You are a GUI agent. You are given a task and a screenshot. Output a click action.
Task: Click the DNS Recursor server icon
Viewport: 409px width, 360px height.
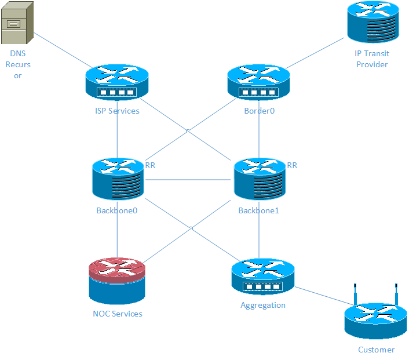(17, 23)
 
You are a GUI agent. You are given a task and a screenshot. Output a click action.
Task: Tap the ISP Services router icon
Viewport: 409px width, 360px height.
(117, 83)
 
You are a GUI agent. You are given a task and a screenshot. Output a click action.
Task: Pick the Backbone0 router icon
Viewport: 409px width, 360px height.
(117, 178)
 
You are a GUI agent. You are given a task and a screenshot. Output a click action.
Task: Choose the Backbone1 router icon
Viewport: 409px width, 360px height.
(259, 179)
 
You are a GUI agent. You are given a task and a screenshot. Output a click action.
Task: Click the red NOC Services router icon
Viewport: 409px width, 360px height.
(117, 281)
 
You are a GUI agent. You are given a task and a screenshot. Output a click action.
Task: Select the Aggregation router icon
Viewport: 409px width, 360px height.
(262, 277)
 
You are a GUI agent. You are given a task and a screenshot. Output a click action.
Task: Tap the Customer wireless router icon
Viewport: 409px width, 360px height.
(375, 320)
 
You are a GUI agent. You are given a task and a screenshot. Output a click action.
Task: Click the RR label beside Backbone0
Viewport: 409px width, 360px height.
(150, 165)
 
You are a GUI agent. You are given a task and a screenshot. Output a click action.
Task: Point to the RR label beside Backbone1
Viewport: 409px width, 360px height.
(292, 165)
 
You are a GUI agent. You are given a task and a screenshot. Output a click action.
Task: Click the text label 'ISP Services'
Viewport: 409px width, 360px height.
(117, 111)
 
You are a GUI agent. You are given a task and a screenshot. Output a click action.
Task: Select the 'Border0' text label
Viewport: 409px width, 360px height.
(258, 111)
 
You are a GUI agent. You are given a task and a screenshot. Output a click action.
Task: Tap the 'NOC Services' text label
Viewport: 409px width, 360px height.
(117, 314)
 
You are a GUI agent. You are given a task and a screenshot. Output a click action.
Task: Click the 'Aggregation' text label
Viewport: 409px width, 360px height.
(263, 305)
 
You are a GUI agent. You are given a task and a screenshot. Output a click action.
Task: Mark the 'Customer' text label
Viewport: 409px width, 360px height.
(376, 350)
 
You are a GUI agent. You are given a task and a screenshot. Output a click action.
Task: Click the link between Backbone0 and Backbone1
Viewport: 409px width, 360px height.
(188, 180)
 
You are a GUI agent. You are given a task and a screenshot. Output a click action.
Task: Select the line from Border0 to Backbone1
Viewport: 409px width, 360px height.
(258, 130)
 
